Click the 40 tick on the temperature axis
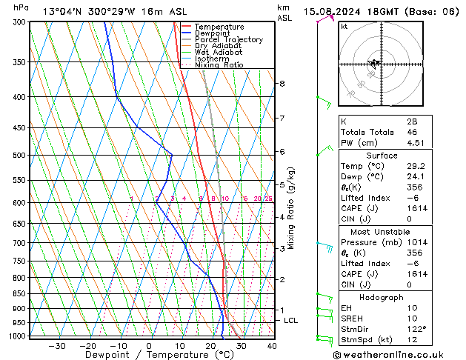coord(272,346)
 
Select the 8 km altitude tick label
coord(282,84)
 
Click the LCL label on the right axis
coord(290,321)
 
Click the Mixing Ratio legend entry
coord(219,65)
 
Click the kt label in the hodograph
coord(344,27)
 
